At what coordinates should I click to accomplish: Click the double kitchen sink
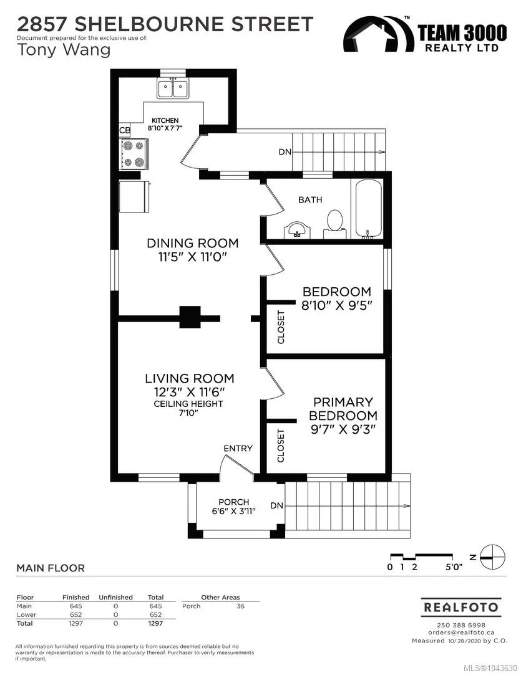(173, 89)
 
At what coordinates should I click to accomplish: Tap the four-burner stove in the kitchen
(134, 154)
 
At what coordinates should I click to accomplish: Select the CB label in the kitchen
(125, 130)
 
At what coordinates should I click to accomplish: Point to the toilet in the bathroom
(335, 223)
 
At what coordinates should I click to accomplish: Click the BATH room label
(310, 199)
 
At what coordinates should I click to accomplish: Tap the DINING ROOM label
(193, 243)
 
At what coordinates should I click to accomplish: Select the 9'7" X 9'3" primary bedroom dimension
(343, 429)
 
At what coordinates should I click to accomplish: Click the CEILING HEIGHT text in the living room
(188, 404)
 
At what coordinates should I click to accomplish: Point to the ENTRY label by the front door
(238, 448)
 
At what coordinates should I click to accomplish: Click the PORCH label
(233, 502)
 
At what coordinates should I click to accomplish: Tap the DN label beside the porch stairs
(277, 505)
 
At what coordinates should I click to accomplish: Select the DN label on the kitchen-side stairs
(285, 151)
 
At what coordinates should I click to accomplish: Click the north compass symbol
(492, 557)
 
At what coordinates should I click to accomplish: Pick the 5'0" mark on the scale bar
(454, 567)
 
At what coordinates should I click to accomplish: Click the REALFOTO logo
(461, 608)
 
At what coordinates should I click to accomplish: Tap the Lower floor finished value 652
(75, 614)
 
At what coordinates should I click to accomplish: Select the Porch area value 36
(240, 606)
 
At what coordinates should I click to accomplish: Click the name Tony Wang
(64, 50)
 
